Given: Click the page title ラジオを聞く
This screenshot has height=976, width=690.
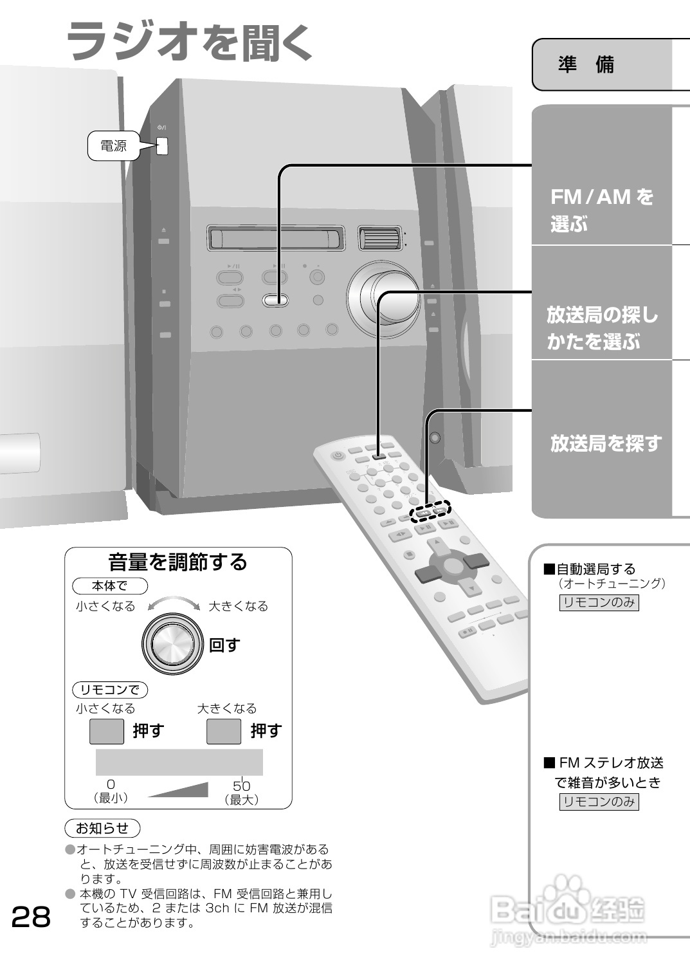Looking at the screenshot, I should (190, 41).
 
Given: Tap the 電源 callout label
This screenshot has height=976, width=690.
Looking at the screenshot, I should (114, 146).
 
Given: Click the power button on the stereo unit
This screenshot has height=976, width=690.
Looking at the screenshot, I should (162, 146).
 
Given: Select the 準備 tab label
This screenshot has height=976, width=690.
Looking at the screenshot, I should (586, 64).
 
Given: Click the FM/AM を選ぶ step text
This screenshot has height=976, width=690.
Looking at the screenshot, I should (601, 210).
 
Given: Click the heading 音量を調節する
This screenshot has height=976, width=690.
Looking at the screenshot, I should (177, 562).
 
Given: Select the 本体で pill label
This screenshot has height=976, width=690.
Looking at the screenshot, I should (109, 585).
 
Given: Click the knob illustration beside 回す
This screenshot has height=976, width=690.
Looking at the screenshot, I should (169, 645).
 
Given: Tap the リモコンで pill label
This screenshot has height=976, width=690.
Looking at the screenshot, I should (109, 690).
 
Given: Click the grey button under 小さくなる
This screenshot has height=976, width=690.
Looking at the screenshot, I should (106, 731).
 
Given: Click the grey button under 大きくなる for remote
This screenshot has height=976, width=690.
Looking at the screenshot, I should (223, 731).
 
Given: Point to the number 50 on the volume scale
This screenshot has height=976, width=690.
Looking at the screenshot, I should (241, 786).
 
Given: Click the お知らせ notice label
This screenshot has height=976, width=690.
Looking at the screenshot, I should (102, 828).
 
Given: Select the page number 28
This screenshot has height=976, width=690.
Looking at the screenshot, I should (31, 917).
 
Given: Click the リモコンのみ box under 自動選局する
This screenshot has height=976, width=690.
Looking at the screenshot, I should (599, 602).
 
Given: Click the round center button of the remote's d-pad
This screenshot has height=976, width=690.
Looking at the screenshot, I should (453, 566).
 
